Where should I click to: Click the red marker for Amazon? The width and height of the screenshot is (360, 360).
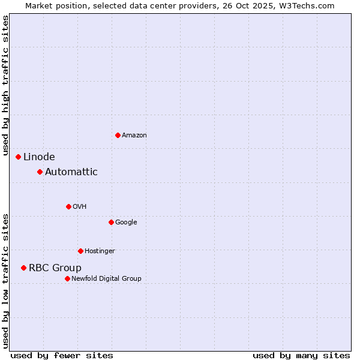[x=118, y=135]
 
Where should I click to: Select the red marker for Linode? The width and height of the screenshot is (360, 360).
[x=18, y=157]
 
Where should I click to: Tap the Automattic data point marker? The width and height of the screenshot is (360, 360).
[x=40, y=172]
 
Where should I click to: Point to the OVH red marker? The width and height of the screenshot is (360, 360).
[x=68, y=206]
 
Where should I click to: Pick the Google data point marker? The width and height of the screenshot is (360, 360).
[x=111, y=222]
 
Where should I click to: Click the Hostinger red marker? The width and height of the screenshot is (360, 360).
[x=80, y=251]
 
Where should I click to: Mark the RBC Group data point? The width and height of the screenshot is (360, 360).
[x=23, y=268]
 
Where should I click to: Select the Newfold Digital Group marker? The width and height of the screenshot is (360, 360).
[x=67, y=278]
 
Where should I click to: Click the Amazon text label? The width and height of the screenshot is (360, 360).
[x=134, y=136]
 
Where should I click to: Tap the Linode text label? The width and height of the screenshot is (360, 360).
[x=39, y=157]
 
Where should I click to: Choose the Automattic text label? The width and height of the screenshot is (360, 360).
[x=71, y=172]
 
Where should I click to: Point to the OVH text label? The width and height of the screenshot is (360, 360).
[x=80, y=207]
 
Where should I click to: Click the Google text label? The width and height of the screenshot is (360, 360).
[x=126, y=223]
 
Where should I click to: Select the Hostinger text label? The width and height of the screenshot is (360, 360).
[x=100, y=251]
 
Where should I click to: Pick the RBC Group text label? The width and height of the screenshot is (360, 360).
[x=55, y=268]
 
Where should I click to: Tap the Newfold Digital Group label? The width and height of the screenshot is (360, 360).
[x=106, y=279]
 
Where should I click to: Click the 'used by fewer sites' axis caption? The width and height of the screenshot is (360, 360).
[x=62, y=355]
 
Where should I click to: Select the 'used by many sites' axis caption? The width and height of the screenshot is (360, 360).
[x=301, y=355]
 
